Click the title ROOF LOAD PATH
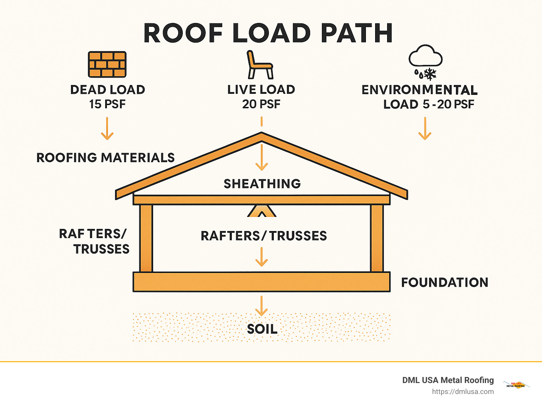268,34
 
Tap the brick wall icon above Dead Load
107,65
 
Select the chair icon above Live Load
260,65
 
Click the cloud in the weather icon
425,56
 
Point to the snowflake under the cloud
430,74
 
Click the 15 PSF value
107,104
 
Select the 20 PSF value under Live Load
261,104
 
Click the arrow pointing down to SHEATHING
261,157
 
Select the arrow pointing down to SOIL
261,306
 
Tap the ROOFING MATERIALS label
106,158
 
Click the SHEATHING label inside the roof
262,184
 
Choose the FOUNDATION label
445,283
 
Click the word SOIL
262,329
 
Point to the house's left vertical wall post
146,238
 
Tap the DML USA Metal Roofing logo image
516,385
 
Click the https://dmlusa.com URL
463,391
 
